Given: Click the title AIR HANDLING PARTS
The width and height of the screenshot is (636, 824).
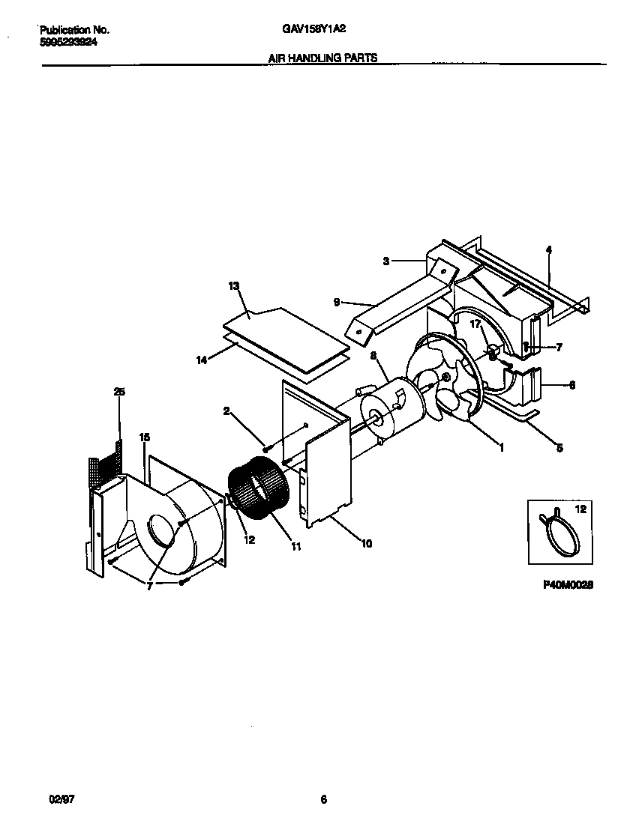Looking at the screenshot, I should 322,57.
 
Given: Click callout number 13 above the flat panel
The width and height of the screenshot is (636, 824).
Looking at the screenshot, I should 233,286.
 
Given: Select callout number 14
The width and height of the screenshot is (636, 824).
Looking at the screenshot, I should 201,360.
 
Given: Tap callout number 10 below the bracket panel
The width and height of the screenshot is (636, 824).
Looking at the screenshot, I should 366,544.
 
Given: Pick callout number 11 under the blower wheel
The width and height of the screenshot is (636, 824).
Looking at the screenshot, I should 295,548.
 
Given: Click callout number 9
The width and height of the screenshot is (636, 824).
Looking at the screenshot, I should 337,302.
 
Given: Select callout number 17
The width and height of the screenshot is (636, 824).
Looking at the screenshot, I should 475,324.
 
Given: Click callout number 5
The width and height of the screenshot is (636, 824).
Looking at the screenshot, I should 559,449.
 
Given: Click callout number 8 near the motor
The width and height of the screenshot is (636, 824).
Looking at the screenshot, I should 373,357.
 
